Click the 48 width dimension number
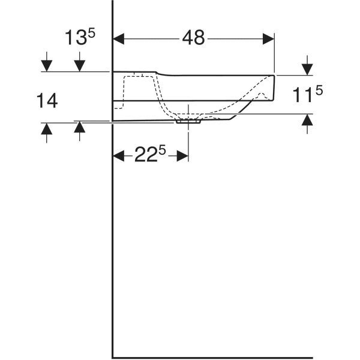(193, 38)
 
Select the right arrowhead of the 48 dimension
(269, 38)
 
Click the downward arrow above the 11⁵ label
(307, 67)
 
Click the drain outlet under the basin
(189, 121)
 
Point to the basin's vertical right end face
(275, 88)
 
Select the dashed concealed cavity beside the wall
(129, 90)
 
